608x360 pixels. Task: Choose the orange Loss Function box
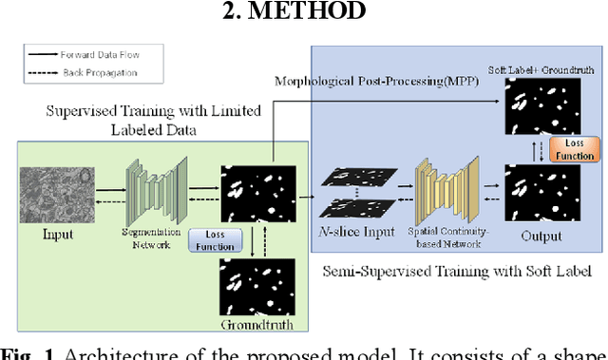point(574,148)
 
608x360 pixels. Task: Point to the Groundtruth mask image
point(252,289)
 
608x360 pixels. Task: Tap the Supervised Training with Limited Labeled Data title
point(155,120)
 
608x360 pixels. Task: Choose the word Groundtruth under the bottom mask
point(252,325)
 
